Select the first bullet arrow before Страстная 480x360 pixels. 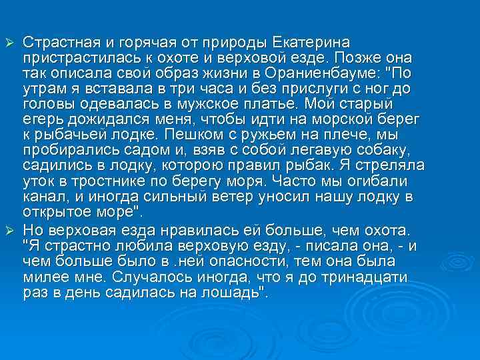[9, 43]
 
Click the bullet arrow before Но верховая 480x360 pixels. [9, 229]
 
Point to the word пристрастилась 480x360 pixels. [77, 58]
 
